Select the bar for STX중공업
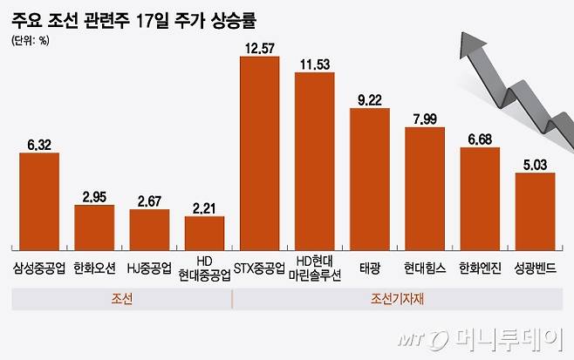tap(260, 153)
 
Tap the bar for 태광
tap(369, 180)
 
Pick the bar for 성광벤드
tap(535, 212)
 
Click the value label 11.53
tap(315, 64)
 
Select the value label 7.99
tap(425, 119)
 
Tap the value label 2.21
tap(204, 207)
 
